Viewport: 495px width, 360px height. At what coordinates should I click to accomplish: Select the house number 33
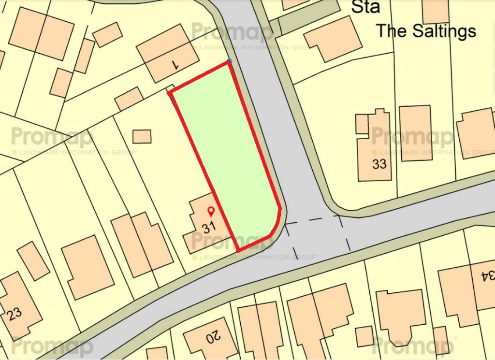click(379, 164)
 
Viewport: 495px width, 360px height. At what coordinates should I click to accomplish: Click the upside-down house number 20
click(212, 335)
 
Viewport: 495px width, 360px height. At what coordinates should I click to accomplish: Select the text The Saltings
click(426, 31)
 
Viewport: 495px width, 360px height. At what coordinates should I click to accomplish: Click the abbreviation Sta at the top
click(365, 7)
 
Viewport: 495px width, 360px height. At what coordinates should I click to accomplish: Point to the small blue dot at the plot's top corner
click(230, 61)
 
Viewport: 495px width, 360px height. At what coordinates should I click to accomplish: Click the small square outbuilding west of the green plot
click(142, 136)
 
